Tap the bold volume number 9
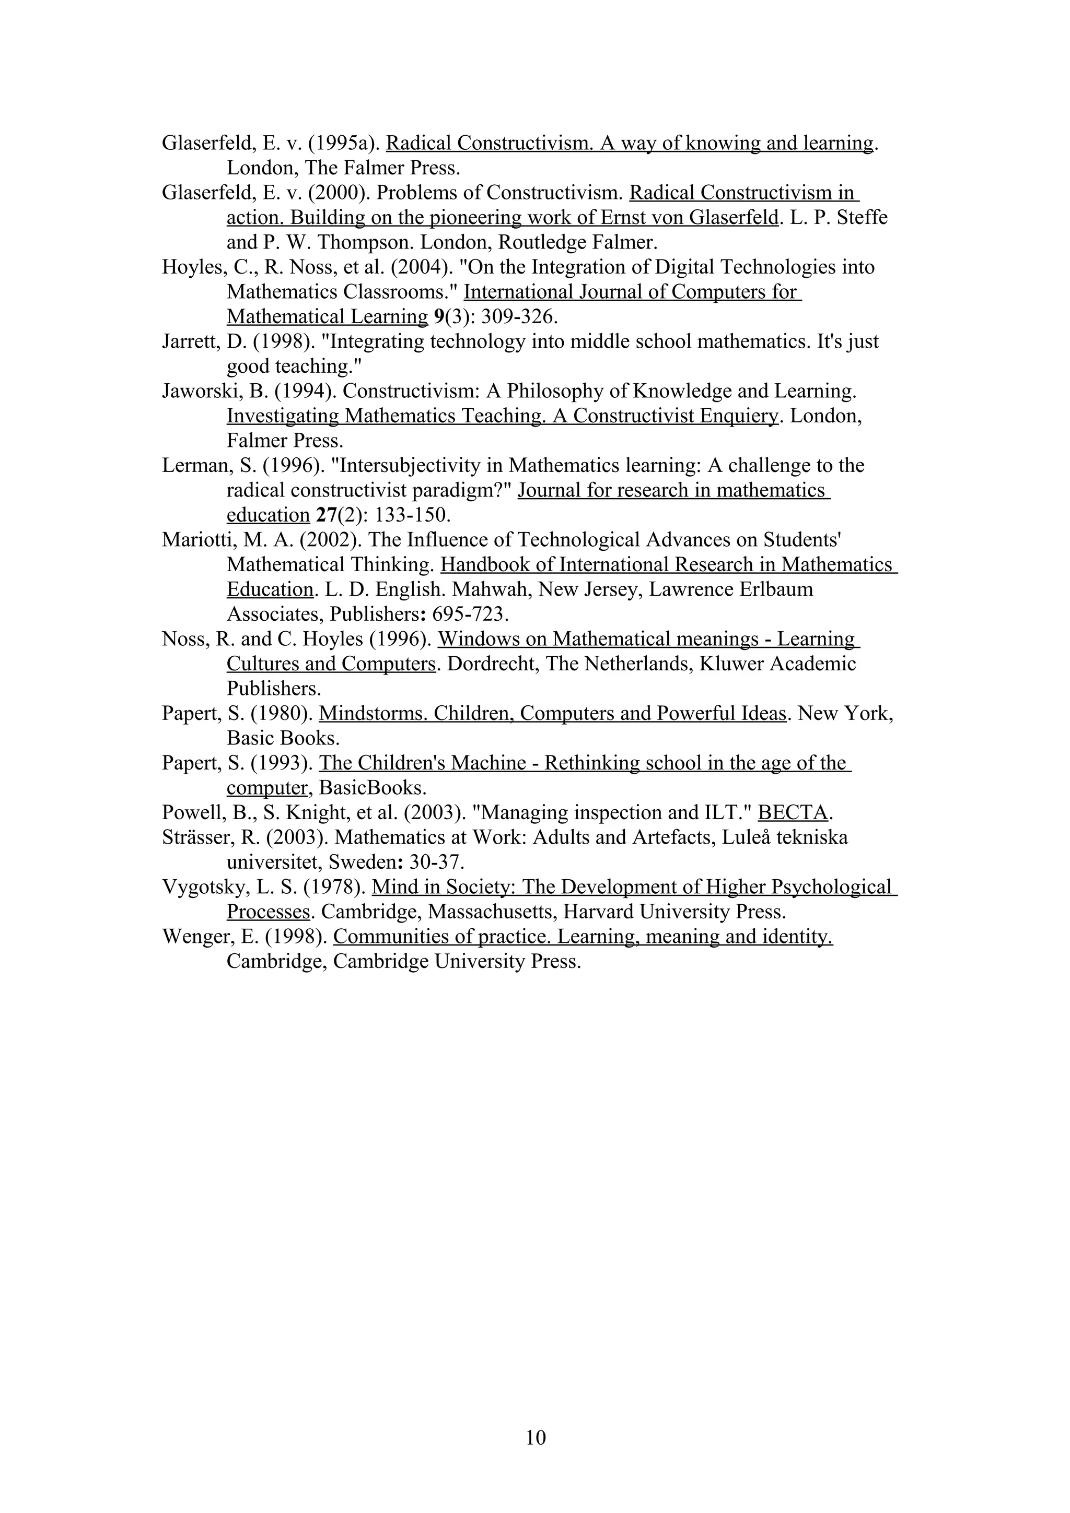[x=438, y=317]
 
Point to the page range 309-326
[x=519, y=317]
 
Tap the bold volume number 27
[x=325, y=515]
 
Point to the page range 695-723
[x=469, y=614]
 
